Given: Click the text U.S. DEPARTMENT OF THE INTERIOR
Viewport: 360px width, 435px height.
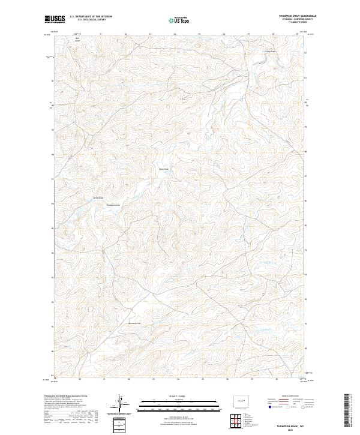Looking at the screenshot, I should tap(91, 17).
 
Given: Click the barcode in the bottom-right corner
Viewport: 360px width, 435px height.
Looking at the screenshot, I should tap(347, 410).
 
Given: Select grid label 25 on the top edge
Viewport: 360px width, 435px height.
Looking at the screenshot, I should tap(199, 34).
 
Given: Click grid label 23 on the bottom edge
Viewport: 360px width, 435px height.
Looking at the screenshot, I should tap(154, 379).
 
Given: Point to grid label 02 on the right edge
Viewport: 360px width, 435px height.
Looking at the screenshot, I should tap(305, 53).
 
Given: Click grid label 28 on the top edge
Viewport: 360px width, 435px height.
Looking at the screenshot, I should tap(273, 34).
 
